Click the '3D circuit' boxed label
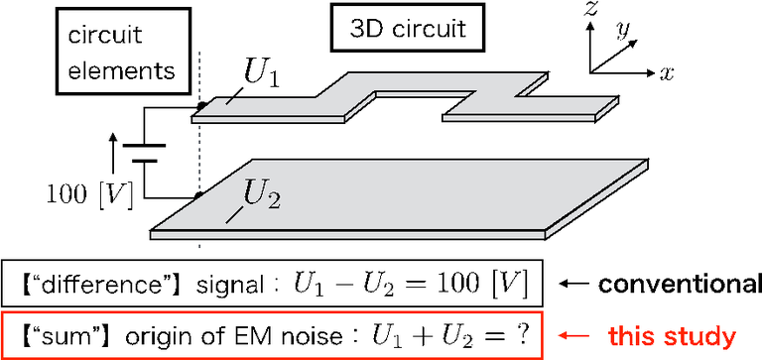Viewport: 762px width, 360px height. tap(406, 29)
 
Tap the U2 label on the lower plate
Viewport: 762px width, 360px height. tap(261, 196)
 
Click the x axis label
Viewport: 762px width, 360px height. tap(669, 72)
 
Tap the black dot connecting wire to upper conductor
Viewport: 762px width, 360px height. tap(200, 104)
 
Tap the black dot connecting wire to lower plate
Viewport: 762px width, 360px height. tap(200, 196)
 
